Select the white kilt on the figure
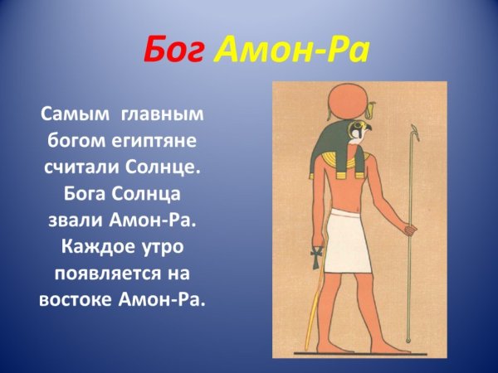click(x=349, y=240)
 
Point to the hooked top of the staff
click(x=413, y=131)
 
